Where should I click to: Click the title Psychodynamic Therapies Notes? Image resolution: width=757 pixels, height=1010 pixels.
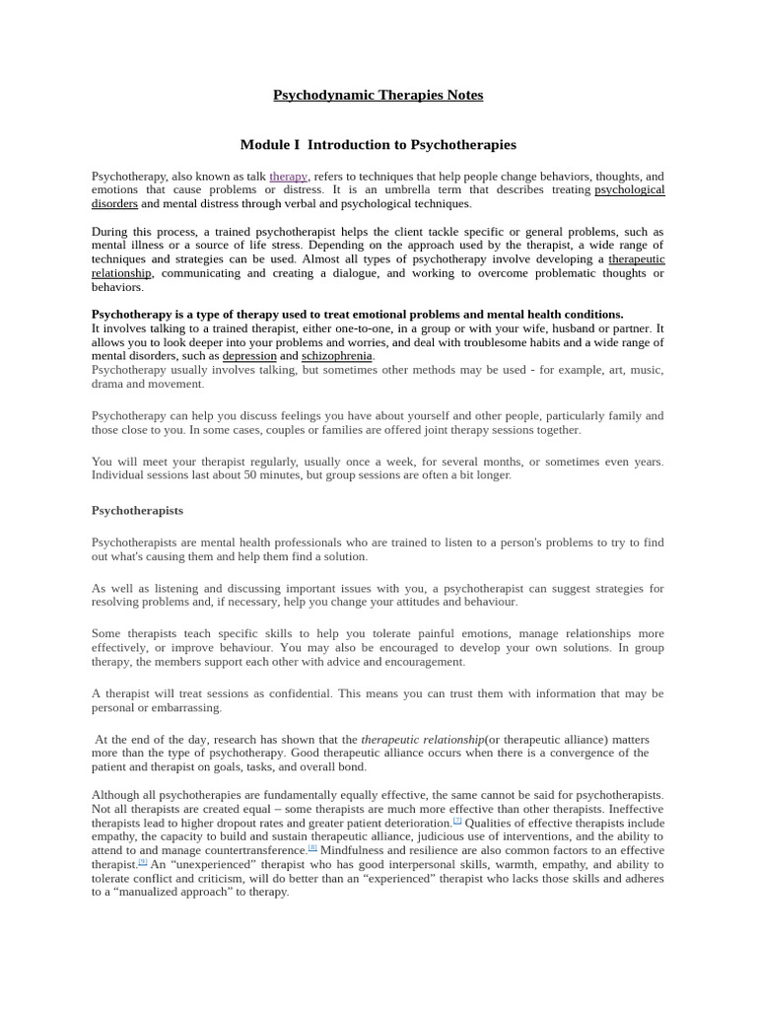click(378, 95)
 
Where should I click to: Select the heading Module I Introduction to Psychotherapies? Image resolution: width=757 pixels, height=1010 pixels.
click(378, 144)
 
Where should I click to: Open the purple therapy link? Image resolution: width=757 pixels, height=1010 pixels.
click(289, 177)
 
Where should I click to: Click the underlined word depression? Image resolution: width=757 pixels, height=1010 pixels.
click(249, 355)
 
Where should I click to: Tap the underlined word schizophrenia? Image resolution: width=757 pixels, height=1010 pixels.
click(337, 355)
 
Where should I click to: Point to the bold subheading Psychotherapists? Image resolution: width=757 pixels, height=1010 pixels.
click(137, 510)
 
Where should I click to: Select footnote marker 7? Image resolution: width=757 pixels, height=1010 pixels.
click(457, 820)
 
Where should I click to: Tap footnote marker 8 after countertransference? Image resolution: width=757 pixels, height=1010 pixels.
click(312, 846)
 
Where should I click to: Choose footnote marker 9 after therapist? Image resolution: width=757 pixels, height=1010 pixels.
click(143, 860)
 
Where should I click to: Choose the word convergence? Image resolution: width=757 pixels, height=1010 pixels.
click(568, 753)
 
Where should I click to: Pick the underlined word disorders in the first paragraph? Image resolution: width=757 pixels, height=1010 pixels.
click(114, 203)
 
